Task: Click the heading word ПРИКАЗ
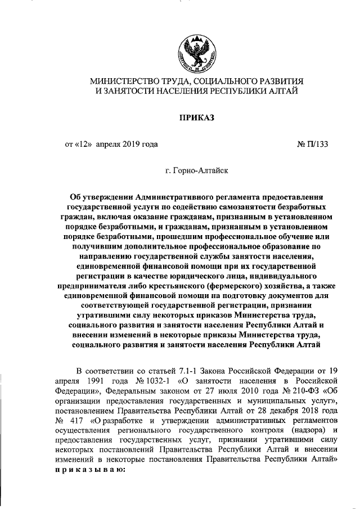pos(196,117)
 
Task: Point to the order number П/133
pos(317,143)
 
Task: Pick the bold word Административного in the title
pos(178,197)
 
